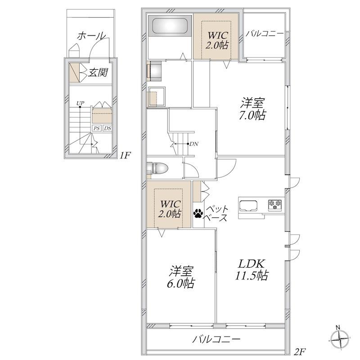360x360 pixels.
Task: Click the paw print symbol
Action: point(198,213)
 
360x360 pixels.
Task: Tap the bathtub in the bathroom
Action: point(170,26)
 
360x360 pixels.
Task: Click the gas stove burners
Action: point(275,204)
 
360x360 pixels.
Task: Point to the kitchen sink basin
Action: point(248,206)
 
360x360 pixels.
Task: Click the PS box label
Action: point(97,128)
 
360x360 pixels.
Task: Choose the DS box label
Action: point(108,128)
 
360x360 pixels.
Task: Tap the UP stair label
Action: point(80,103)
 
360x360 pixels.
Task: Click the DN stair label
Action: point(194,144)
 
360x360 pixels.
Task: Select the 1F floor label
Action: point(125,156)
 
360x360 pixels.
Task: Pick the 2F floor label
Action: point(300,351)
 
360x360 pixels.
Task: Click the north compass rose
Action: point(340,339)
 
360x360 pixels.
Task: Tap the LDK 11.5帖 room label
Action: point(252,270)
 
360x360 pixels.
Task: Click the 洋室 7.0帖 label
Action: point(252,109)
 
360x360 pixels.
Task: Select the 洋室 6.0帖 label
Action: point(181,277)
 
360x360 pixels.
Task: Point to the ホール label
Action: point(92,36)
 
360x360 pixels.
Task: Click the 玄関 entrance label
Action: point(98,72)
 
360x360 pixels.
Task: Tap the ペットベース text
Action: point(216,213)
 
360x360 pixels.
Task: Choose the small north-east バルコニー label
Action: point(265,34)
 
